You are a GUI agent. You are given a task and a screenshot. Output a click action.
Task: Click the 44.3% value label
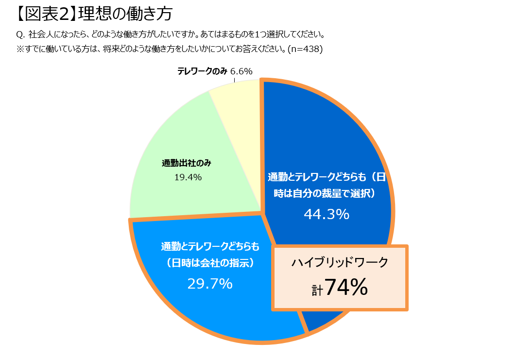coord(327,214)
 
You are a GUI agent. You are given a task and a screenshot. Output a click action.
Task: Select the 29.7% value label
coord(210,284)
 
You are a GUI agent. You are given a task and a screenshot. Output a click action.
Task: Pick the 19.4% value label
coord(188,177)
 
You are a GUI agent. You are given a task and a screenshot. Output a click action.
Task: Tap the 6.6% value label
coord(241,71)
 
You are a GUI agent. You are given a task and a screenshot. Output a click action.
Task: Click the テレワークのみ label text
coord(202,71)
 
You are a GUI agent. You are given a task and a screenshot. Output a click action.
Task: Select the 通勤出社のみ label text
coord(187,164)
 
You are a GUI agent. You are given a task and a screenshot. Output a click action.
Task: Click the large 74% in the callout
coord(346,287)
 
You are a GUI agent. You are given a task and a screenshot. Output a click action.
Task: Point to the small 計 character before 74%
coord(317,291)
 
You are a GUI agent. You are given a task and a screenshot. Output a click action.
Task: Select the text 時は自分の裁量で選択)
coord(326,193)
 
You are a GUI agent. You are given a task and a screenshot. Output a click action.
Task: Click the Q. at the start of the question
coord(20,35)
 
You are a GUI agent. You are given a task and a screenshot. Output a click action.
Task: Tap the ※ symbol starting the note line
coord(20,49)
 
